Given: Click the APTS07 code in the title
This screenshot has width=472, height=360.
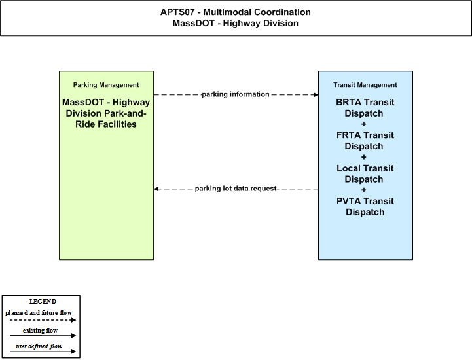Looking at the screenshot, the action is (x=177, y=12).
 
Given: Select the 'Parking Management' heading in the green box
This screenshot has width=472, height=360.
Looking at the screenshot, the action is (x=106, y=85).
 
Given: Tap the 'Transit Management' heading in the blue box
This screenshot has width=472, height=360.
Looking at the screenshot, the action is (x=365, y=85).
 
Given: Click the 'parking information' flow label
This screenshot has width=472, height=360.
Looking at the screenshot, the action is (x=236, y=94).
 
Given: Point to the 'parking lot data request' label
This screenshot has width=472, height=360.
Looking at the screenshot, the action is (x=236, y=189).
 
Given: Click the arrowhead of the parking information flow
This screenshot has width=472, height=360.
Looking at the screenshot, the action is (x=316, y=94).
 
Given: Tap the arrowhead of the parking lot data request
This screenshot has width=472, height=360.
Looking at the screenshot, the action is (x=156, y=189).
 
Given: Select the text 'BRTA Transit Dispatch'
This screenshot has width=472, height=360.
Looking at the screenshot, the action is (x=365, y=108).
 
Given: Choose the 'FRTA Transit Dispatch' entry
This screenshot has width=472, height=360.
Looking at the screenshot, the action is (x=365, y=141).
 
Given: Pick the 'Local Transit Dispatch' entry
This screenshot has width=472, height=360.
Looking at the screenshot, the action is (x=365, y=173).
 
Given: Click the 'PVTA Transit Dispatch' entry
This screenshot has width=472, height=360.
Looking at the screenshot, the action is (x=365, y=206).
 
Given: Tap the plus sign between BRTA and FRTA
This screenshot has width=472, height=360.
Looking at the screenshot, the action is (x=363, y=124).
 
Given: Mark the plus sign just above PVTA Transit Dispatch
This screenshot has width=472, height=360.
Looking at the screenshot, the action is (x=363, y=190).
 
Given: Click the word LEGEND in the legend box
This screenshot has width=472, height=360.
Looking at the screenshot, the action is (x=43, y=302).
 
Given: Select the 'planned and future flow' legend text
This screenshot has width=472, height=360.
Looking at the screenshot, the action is (x=39, y=313).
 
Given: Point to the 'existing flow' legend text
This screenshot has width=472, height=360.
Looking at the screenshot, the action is (x=40, y=331).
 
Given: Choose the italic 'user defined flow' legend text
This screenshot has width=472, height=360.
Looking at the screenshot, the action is (x=39, y=346).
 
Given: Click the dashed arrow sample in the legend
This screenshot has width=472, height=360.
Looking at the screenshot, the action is (x=43, y=320).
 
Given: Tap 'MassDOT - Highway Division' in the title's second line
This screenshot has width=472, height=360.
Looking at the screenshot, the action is (x=236, y=23).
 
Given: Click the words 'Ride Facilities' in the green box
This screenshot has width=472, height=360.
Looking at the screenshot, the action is (x=106, y=124).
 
